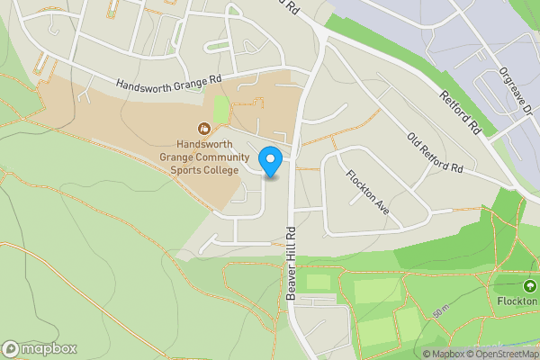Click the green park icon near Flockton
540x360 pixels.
(x=529, y=287)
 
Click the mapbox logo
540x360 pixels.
(x=40, y=348)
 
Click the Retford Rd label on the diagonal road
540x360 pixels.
(x=462, y=110)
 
